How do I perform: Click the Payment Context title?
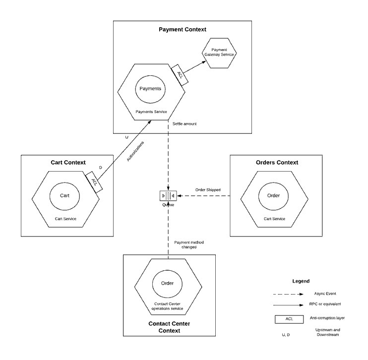coord(182,29)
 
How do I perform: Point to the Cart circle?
coord(64,195)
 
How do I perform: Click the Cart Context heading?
coord(68,163)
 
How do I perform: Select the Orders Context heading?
coord(277,162)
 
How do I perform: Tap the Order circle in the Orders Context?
coord(273,195)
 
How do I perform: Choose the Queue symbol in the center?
coord(168,195)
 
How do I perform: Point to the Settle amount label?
coord(184,123)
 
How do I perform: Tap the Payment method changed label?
coord(189,244)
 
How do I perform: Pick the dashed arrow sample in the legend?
coord(290,294)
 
